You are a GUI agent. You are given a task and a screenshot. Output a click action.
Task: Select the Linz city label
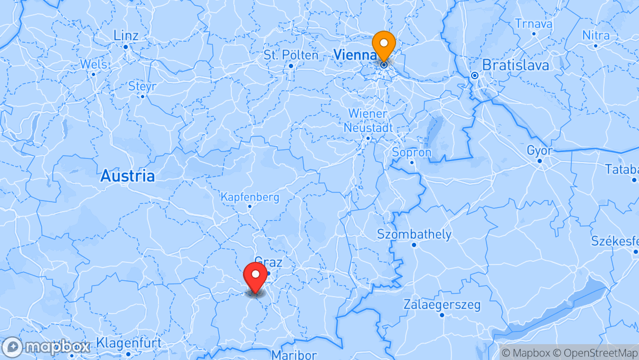coord(126,36)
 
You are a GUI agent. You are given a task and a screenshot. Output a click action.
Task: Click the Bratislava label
coord(515,65)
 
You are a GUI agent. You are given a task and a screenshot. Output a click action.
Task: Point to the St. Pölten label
coord(291,55)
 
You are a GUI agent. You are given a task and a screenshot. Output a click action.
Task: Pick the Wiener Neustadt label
coord(368,121)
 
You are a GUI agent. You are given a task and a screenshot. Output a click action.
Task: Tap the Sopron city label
coord(412,153)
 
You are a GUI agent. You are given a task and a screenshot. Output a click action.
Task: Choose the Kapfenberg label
coord(250,197)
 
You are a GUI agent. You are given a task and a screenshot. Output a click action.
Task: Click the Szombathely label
coord(414,234)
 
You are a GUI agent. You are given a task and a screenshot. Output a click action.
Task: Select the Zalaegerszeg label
coord(442,305)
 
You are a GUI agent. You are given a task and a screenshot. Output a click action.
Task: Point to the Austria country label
coord(128,176)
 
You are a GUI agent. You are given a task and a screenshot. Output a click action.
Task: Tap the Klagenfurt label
coord(129,343)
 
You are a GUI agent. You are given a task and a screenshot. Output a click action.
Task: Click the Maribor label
coord(294,354)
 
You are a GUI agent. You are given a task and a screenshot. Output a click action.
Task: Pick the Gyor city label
coord(539,151)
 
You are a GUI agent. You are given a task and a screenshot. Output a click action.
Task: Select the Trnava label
coord(533,24)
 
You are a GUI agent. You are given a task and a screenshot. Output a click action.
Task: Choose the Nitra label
coord(596,35)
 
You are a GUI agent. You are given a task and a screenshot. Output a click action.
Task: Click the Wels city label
coord(93,64)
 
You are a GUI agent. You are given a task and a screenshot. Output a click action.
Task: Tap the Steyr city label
coord(142,86)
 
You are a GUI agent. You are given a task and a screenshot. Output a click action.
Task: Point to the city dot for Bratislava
coord(474,75)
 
